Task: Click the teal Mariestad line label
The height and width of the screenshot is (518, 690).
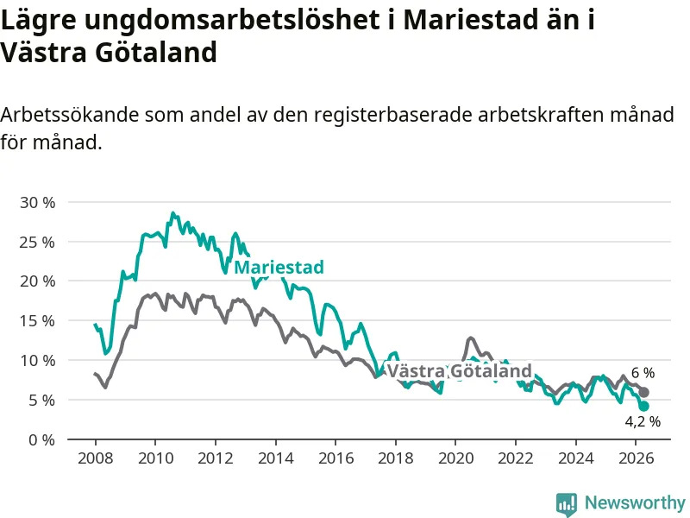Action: click(x=279, y=267)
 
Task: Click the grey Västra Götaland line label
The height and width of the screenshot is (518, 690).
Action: click(x=460, y=371)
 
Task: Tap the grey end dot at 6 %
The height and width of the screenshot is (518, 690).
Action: click(x=643, y=392)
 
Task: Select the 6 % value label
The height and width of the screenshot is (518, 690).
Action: click(x=643, y=373)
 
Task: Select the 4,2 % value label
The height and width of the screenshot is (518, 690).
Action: click(x=643, y=421)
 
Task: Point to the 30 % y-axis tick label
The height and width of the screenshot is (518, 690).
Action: click(x=37, y=203)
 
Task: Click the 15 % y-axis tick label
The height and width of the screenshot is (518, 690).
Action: click(x=37, y=321)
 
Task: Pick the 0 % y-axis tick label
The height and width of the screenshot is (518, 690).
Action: click(x=41, y=439)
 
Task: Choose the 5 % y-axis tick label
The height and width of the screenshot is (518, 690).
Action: click(x=41, y=401)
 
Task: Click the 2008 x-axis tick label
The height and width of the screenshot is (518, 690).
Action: click(x=96, y=458)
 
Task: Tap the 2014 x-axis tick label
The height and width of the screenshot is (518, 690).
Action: click(x=275, y=458)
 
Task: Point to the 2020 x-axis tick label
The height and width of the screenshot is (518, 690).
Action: click(x=456, y=458)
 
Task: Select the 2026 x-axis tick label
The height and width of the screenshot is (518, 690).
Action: click(x=637, y=458)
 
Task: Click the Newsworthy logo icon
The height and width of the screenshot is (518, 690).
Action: click(x=567, y=504)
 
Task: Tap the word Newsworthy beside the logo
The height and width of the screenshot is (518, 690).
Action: click(x=635, y=502)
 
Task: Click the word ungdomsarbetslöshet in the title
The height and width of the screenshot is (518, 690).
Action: click(x=229, y=20)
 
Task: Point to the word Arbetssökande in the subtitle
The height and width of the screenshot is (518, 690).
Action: click(x=70, y=115)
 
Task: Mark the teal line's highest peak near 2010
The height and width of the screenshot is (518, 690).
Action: click(x=173, y=213)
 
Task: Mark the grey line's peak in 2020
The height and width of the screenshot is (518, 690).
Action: click(x=471, y=338)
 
